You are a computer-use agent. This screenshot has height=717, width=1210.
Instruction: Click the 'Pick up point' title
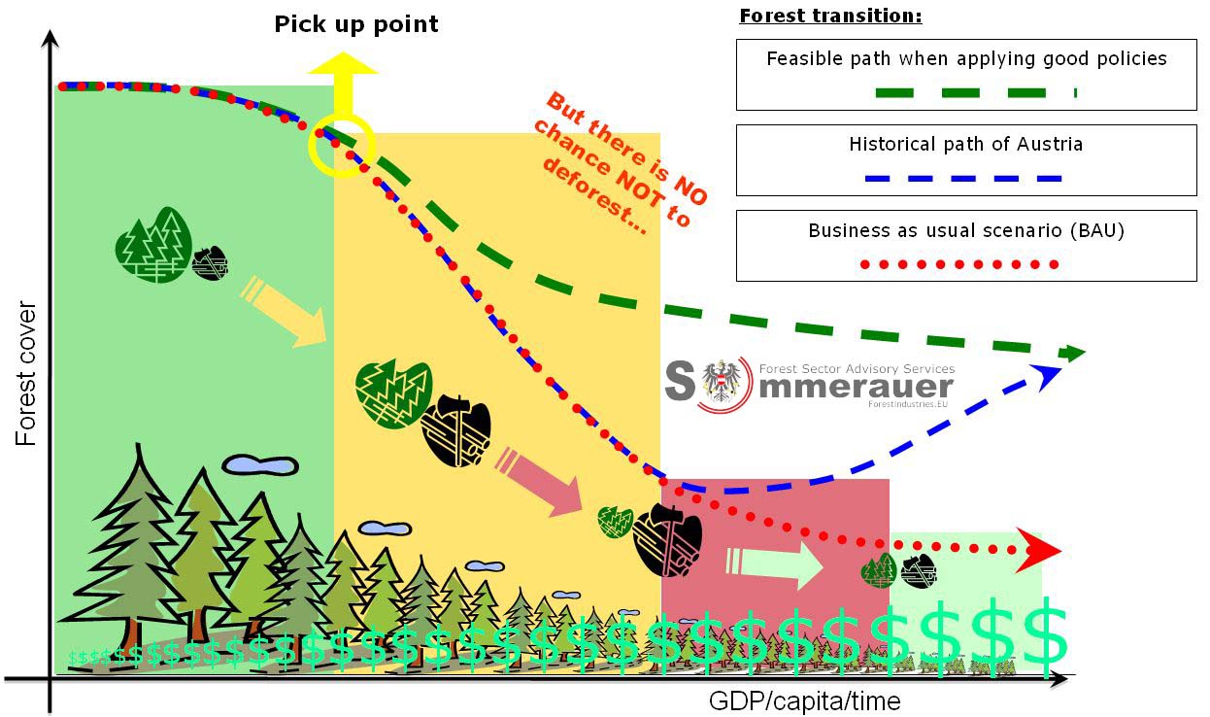point(355,24)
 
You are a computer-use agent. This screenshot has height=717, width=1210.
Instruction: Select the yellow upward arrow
point(342,83)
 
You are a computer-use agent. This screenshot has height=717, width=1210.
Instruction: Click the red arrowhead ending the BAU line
point(1043,549)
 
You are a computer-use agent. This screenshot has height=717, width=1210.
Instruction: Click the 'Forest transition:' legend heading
point(830,17)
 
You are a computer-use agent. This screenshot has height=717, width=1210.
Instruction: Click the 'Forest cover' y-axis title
point(26,374)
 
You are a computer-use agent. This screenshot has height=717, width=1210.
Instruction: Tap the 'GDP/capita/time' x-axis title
point(804,700)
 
